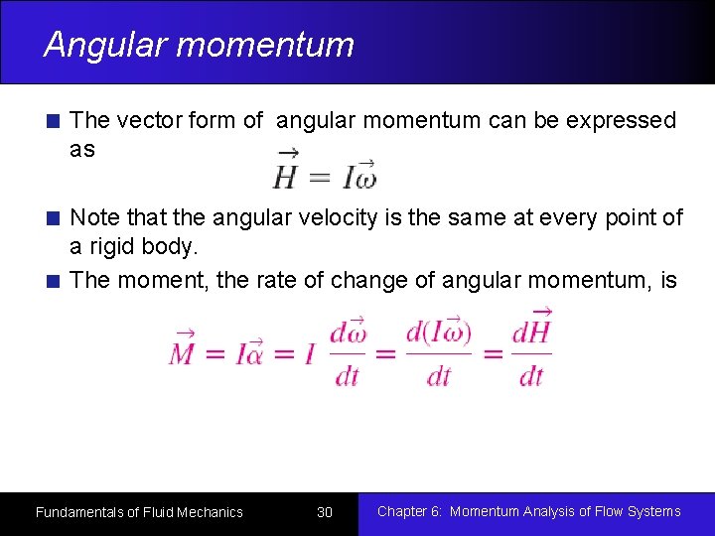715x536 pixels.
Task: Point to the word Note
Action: click(92, 217)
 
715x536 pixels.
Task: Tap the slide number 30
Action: click(325, 512)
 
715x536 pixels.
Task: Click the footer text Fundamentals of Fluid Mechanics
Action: click(139, 512)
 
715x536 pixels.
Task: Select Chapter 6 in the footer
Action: click(408, 511)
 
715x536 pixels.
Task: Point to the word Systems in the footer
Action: click(649, 511)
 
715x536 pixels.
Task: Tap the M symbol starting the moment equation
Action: click(183, 350)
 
